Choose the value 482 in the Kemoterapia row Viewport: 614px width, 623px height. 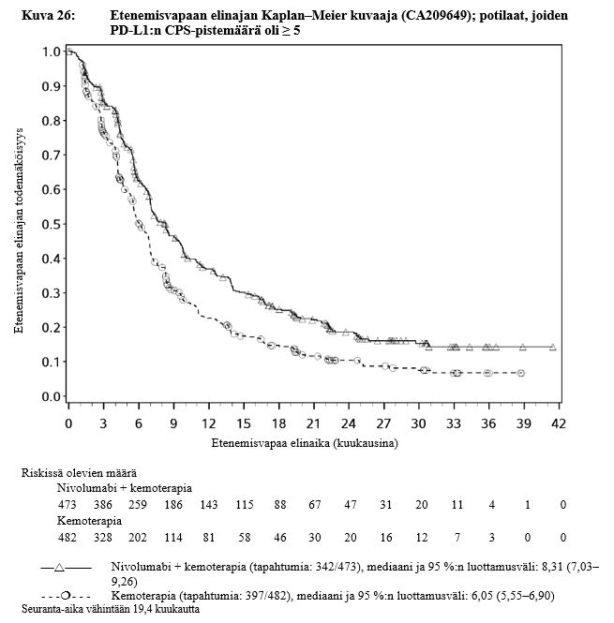[67, 537]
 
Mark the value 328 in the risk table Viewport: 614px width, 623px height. [102, 537]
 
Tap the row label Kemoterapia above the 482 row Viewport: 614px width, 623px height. [90, 520]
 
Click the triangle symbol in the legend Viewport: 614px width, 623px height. [59, 567]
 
